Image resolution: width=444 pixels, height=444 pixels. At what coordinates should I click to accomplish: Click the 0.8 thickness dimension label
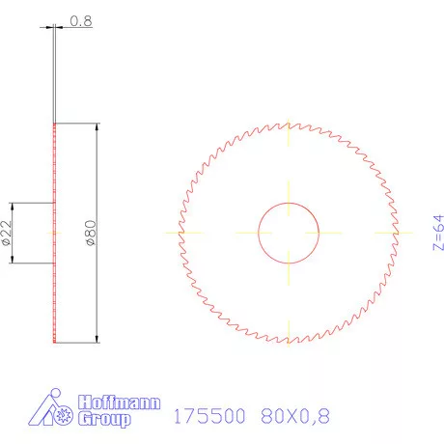pyautogui.click(x=82, y=19)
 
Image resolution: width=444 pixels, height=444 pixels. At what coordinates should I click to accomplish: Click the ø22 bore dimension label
pyautogui.click(x=8, y=233)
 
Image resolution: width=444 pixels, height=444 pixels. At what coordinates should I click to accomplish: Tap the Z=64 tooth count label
pyautogui.click(x=437, y=233)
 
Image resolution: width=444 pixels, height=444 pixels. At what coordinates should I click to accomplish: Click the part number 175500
pyautogui.click(x=208, y=416)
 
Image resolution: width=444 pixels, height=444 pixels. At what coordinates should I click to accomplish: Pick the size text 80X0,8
pyautogui.click(x=295, y=416)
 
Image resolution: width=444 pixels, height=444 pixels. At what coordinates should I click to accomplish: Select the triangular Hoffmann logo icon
pyautogui.click(x=50, y=410)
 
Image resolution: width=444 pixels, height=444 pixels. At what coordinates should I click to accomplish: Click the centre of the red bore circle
pyautogui.click(x=289, y=233)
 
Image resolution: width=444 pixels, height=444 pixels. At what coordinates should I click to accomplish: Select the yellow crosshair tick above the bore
pyautogui.click(x=289, y=189)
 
